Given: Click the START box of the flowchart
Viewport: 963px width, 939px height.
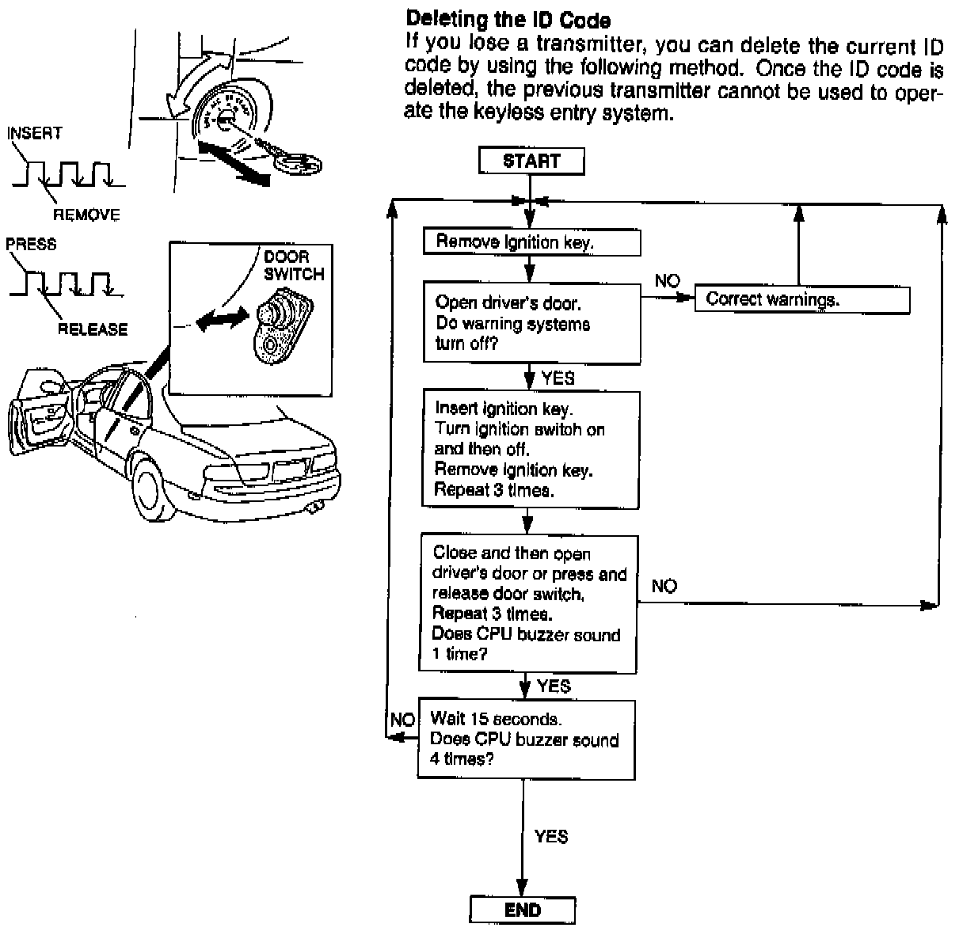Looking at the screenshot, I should tap(531, 162).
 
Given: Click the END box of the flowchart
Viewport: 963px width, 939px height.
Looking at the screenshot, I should tap(522, 910).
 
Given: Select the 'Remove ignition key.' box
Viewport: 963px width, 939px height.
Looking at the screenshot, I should tap(531, 243).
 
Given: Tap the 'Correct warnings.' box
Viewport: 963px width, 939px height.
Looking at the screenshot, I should tap(801, 299).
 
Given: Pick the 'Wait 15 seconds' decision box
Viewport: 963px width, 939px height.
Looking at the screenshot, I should tap(527, 739).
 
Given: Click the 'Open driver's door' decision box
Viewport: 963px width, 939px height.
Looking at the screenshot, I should tap(531, 323).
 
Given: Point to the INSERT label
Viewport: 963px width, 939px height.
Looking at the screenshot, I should tap(34, 132).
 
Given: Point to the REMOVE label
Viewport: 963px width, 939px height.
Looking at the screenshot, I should tap(86, 215).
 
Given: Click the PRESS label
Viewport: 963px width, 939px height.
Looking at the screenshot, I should tap(31, 244).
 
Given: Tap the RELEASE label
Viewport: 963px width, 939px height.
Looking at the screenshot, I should tap(93, 329).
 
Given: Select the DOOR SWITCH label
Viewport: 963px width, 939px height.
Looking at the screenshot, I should tap(294, 266).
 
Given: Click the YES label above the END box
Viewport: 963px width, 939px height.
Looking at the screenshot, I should tap(551, 837).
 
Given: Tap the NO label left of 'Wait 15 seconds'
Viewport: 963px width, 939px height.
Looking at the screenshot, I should tap(402, 720).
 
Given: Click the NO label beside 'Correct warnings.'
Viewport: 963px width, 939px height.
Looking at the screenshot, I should tap(667, 281).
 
